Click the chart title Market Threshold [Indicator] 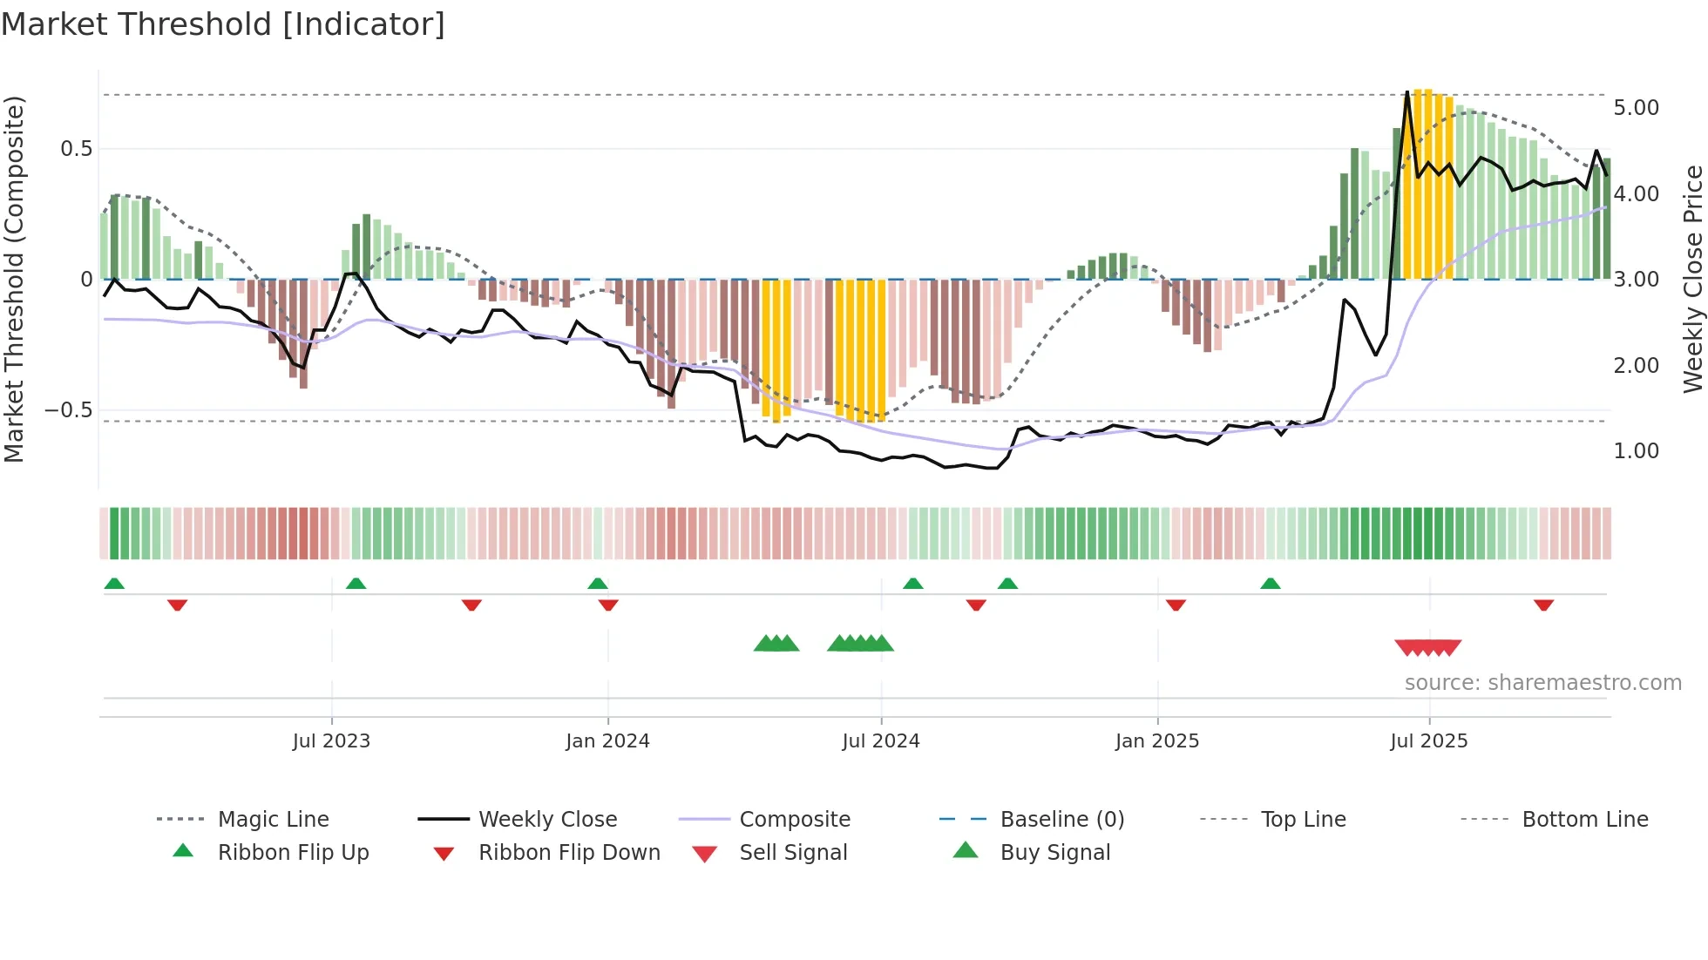[x=223, y=24]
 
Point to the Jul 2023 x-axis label [x=331, y=741]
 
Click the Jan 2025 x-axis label [x=1157, y=741]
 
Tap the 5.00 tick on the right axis [x=1636, y=108]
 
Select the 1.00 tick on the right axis [x=1636, y=451]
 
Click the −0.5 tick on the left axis [x=68, y=410]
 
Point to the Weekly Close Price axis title [x=1692, y=279]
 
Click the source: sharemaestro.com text [x=1542, y=683]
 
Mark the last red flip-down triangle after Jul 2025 [x=1543, y=605]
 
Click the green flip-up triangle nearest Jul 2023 [x=356, y=584]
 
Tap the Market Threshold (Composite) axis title [x=14, y=279]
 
